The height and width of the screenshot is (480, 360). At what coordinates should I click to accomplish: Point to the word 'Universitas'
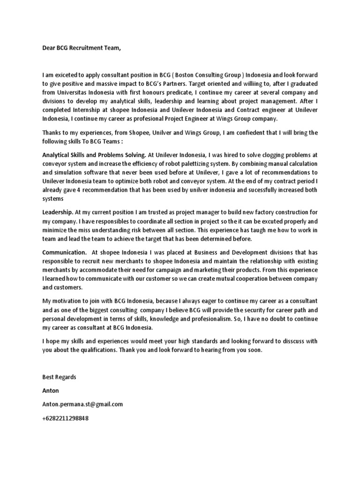click(76, 92)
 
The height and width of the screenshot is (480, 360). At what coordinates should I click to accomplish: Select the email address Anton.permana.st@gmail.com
click(82, 404)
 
